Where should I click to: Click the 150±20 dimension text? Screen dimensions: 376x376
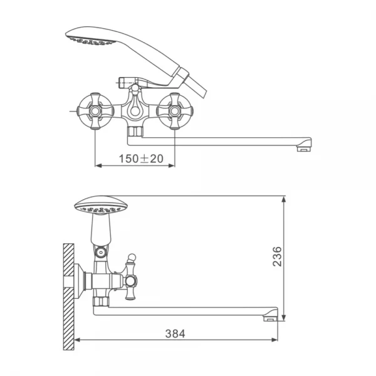(x=141, y=159)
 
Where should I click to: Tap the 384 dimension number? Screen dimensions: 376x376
(x=175, y=334)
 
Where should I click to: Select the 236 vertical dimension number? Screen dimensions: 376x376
(x=277, y=256)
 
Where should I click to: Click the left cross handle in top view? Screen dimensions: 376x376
(x=95, y=111)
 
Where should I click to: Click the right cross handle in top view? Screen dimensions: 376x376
(x=175, y=111)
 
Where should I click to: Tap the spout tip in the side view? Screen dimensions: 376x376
(x=271, y=315)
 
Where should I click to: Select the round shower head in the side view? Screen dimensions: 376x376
(x=101, y=206)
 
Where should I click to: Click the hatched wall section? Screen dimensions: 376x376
(x=68, y=296)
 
